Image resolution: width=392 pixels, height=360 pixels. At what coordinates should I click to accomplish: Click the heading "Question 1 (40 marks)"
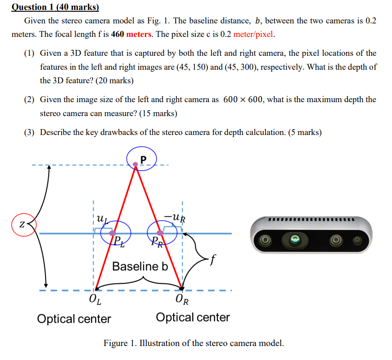[x=55, y=7]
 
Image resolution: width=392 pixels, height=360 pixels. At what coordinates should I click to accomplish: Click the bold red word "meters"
[x=139, y=34]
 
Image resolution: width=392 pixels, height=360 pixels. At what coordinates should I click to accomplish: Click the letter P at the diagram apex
[x=143, y=159]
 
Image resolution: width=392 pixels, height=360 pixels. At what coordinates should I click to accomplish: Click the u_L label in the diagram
[x=103, y=220]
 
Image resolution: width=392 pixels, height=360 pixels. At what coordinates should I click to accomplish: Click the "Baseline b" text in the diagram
[x=140, y=266]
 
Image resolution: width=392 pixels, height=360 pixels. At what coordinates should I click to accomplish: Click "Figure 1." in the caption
[x=119, y=343]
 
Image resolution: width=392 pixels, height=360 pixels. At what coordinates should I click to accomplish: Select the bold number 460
[x=117, y=34]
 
